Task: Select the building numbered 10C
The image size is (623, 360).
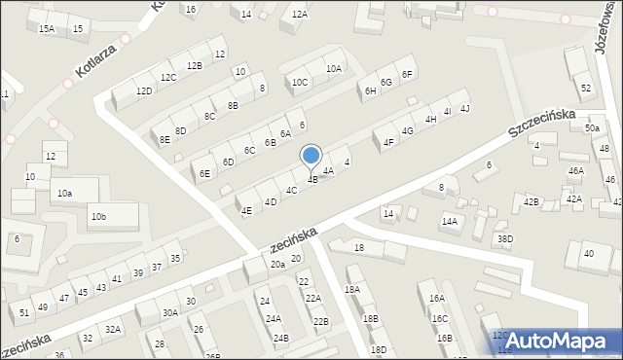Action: tap(300, 82)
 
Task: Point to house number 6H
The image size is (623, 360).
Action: tap(370, 90)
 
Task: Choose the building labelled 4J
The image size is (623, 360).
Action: tap(465, 107)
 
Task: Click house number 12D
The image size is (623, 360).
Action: tap(144, 90)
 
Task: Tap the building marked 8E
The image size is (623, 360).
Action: tap(165, 139)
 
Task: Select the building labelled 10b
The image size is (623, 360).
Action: tap(98, 216)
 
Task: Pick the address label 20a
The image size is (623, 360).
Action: tap(277, 264)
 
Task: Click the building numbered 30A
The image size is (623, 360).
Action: tap(170, 312)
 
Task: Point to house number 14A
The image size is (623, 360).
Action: tap(449, 222)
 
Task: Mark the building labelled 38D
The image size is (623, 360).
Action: tap(504, 238)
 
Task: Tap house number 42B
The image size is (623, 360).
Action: tap(531, 201)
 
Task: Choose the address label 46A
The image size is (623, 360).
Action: tap(576, 170)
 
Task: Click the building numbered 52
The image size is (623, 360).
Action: tap(586, 89)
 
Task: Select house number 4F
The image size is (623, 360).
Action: tap(388, 142)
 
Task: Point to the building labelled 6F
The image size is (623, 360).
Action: tap(408, 75)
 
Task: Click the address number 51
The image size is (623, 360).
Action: tap(24, 312)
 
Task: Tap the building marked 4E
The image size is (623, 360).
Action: tap(246, 210)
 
